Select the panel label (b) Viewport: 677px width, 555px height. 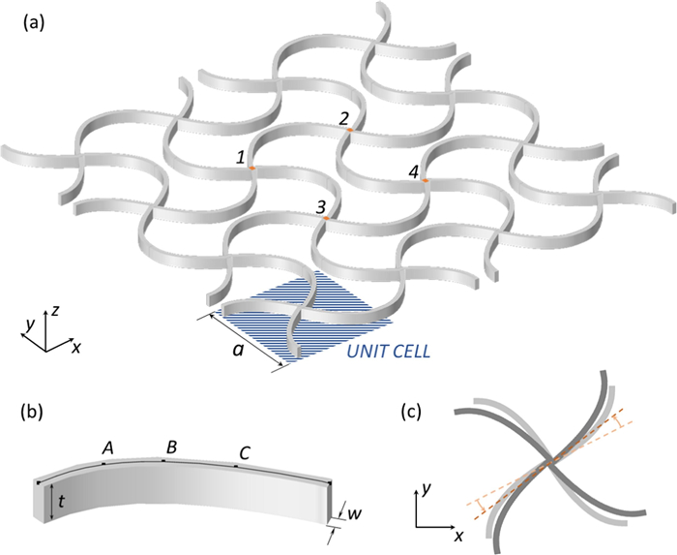point(32,412)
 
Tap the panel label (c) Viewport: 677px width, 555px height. point(411,412)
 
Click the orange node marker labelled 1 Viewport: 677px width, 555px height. point(251,168)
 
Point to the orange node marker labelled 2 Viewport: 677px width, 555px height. point(350,130)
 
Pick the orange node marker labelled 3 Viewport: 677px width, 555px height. point(327,218)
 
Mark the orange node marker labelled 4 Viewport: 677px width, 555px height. point(426,180)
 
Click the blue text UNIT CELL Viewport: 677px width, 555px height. point(389,352)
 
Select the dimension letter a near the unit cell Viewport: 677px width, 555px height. point(238,350)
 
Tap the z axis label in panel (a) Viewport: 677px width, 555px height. point(55,310)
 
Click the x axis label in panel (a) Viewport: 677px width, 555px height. point(76,348)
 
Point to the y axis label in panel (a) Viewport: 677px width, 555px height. point(29,325)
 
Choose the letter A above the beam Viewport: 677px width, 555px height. point(108,448)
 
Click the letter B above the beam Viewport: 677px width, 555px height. point(171,447)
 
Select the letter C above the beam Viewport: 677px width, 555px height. point(245,453)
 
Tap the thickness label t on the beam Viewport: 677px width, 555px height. point(62,502)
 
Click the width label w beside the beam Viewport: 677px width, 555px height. point(355,513)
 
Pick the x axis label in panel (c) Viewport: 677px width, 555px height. point(458,536)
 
